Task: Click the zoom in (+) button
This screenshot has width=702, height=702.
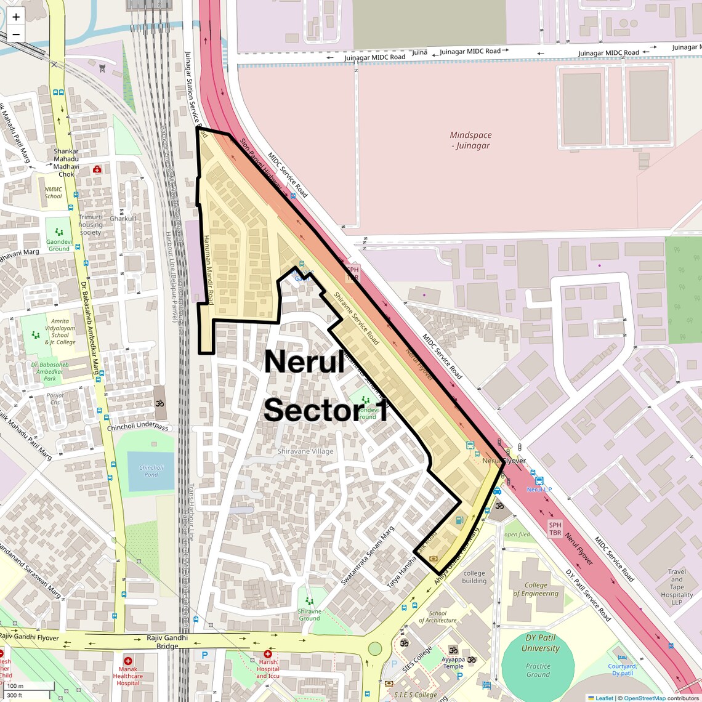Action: [x=16, y=17]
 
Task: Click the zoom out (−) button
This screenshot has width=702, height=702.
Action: [x=16, y=34]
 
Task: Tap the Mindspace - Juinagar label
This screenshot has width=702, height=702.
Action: [x=470, y=140]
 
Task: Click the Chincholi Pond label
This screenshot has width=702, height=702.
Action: [x=151, y=471]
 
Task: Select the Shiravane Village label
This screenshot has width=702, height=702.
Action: [x=305, y=451]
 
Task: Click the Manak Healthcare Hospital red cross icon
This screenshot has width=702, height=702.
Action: [x=128, y=661]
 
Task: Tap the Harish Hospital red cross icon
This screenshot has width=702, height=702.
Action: [x=267, y=654]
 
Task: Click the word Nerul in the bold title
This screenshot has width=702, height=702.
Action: [x=304, y=361]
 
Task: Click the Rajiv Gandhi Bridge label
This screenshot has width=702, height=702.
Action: [x=167, y=642]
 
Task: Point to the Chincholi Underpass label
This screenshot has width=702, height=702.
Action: [x=137, y=427]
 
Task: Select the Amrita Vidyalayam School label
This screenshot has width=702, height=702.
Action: [x=60, y=332]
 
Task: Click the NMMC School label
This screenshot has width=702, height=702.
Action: [x=54, y=193]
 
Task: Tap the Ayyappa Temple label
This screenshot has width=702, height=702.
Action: [x=453, y=663]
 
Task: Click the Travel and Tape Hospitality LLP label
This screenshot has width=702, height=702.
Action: [x=677, y=587]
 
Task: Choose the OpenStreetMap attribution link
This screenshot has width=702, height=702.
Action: [x=644, y=698]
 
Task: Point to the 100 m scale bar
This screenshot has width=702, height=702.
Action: [x=28, y=686]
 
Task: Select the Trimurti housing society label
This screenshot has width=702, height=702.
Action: [x=91, y=225]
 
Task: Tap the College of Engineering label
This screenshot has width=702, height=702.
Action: [x=536, y=589]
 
